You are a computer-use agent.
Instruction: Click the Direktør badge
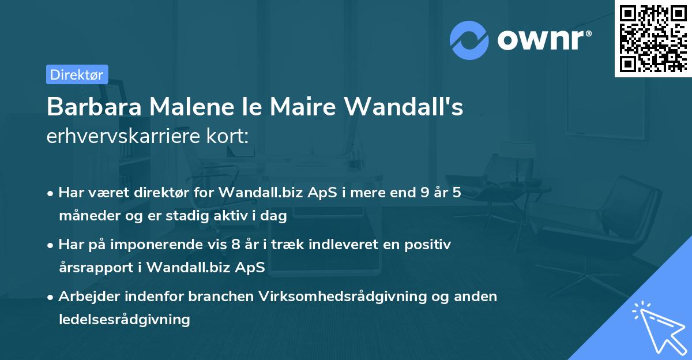pyautogui.click(x=77, y=74)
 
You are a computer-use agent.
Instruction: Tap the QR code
pyautogui.click(x=653, y=39)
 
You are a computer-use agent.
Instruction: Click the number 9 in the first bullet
pyautogui.click(x=426, y=193)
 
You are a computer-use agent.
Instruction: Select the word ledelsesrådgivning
pyautogui.click(x=124, y=319)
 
